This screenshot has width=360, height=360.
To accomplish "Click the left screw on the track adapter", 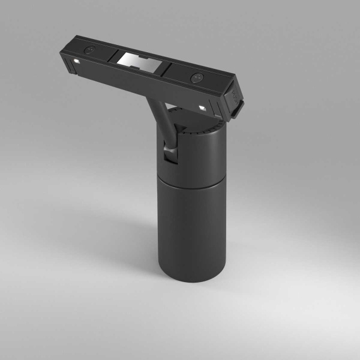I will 89,50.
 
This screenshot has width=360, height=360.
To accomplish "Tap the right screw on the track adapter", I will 195,78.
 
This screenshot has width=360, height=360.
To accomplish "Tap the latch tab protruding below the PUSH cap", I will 238,110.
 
